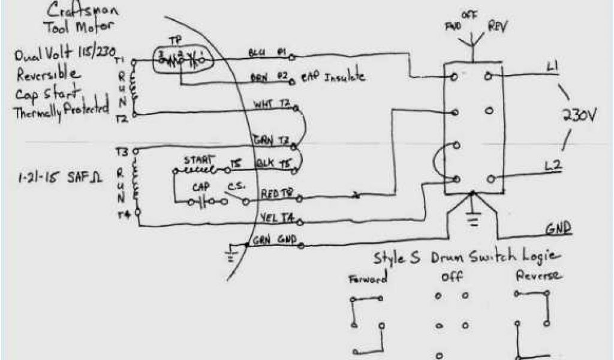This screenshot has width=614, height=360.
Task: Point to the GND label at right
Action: pos(558,229)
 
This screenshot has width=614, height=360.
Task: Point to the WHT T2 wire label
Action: pos(273,106)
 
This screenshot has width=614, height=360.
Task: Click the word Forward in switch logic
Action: pos(368,278)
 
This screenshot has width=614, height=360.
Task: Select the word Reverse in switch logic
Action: pos(538,277)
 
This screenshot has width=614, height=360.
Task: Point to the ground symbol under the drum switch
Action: pos(474,221)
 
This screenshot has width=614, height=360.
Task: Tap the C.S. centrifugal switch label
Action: pos(233,186)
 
